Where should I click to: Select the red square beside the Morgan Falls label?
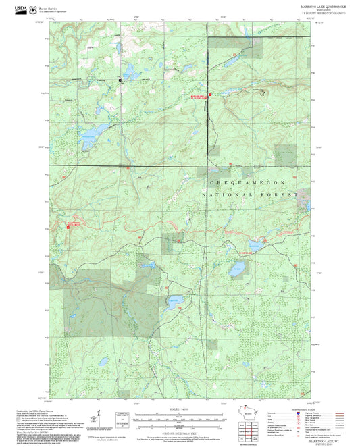210,95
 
